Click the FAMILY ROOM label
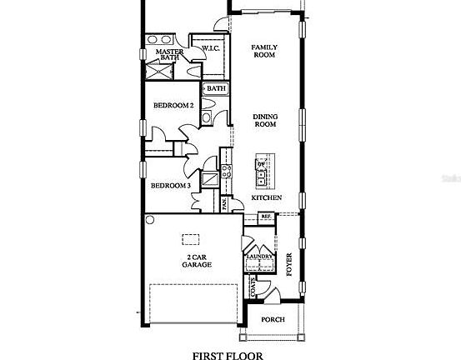click(264, 52)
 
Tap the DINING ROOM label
click(264, 120)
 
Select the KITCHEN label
click(266, 198)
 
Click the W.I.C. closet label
click(209, 49)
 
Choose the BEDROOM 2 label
click(173, 106)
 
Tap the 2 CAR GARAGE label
click(197, 260)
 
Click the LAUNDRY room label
click(259, 257)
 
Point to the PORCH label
click(273, 320)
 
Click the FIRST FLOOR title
click(227, 354)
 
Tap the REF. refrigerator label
click(266, 217)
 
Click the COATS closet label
click(253, 288)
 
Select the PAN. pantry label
click(223, 204)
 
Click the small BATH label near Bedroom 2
click(216, 88)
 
